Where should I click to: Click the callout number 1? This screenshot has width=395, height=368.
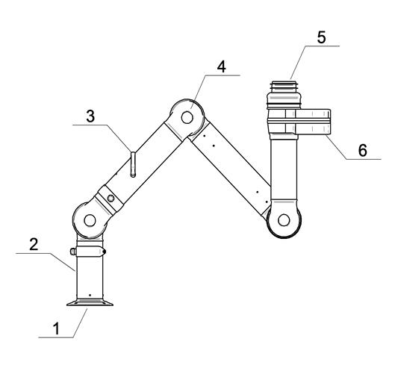[57, 328]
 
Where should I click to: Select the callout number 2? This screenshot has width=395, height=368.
[34, 244]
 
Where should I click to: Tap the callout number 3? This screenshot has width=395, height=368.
[90, 116]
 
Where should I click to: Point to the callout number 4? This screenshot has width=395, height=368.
[222, 66]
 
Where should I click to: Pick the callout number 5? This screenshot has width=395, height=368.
[321, 37]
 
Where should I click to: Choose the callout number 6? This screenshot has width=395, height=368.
[363, 150]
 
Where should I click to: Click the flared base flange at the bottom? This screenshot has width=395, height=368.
[90, 302]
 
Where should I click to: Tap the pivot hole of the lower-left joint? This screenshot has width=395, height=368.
[90, 221]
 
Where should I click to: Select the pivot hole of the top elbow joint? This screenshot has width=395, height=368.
[187, 117]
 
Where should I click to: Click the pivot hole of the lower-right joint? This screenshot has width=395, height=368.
[284, 220]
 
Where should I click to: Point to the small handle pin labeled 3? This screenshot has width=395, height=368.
[133, 164]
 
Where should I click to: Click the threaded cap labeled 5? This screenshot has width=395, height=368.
[284, 95]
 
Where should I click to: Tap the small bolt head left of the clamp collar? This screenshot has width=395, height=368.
[73, 252]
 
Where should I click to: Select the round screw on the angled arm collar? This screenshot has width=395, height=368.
[111, 199]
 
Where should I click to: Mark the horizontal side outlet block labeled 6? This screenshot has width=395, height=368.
[313, 122]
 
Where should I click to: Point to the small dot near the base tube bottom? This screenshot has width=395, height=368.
[90, 295]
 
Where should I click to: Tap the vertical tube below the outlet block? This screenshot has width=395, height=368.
[284, 169]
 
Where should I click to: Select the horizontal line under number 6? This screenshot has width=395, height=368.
[364, 159]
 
